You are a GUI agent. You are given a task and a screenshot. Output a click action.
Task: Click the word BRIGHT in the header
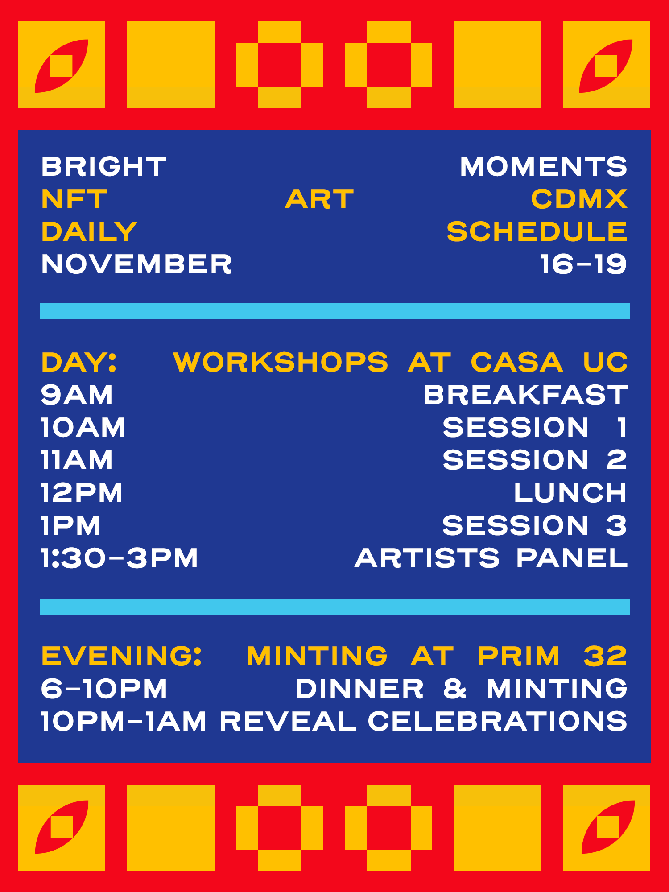click(x=103, y=166)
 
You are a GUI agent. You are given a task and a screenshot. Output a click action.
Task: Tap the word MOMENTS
click(x=544, y=166)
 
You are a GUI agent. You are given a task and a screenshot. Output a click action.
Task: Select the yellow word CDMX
click(x=579, y=199)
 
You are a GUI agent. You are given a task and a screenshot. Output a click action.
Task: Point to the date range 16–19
click(x=583, y=264)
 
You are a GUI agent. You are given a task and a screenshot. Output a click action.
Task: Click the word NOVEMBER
click(x=136, y=264)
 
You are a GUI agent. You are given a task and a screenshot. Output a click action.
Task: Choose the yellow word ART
click(x=319, y=199)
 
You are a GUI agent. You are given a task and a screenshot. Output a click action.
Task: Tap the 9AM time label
click(x=77, y=395)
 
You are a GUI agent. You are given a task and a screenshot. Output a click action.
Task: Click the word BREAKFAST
click(x=525, y=395)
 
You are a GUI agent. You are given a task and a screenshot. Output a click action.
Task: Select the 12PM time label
click(x=81, y=493)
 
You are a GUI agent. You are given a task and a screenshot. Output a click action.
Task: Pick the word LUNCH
click(x=570, y=493)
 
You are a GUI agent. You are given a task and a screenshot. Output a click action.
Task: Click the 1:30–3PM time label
click(x=119, y=558)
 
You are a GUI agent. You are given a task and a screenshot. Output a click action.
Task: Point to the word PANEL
click(x=572, y=558)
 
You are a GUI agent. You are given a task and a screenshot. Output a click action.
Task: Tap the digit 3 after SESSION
click(x=617, y=525)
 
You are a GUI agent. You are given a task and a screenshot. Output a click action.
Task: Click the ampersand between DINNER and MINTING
click(x=455, y=689)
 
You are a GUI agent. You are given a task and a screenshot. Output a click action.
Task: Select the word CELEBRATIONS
click(x=497, y=721)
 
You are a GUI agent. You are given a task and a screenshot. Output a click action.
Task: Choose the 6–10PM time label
click(x=104, y=689)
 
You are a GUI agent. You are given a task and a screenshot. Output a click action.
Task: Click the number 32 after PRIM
click(x=606, y=656)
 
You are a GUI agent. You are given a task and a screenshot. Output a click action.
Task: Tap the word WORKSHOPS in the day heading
click(x=281, y=362)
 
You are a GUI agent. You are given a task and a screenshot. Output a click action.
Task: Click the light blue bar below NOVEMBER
click(x=334, y=311)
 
